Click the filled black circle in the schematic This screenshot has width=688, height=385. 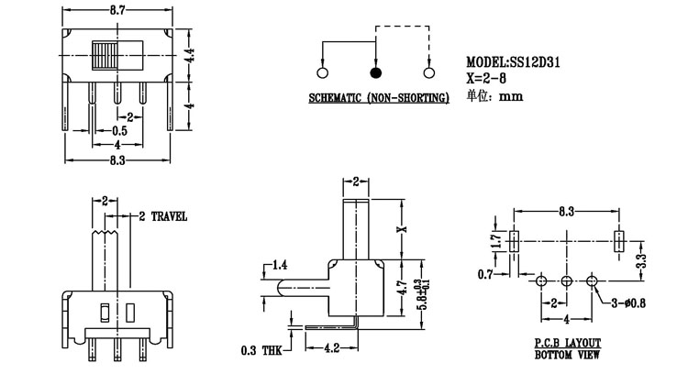coord(374,73)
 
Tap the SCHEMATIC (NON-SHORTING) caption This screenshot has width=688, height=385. coord(378,97)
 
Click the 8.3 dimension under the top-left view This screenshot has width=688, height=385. coord(117,161)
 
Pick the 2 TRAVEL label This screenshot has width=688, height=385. coord(162,216)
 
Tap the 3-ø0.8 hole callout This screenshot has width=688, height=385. coord(628,302)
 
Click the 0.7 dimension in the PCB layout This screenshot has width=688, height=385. coord(484,274)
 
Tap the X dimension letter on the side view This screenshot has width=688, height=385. coord(400,228)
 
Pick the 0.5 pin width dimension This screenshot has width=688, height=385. coord(119,131)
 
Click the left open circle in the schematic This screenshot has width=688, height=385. coord(322,73)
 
